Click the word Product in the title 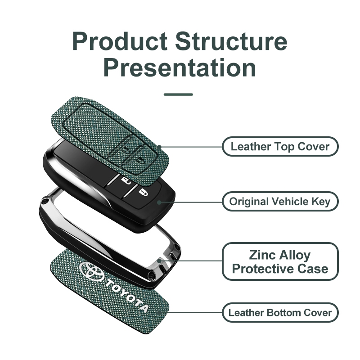point(120,41)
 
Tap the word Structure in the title point(231,41)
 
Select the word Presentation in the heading point(180,68)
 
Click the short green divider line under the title point(178,94)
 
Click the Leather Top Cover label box point(280,147)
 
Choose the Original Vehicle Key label point(280,201)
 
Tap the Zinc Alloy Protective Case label point(280,261)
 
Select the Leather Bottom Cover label point(280,312)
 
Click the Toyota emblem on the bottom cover point(91,271)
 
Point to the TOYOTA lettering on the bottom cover point(127,296)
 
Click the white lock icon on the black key point(142,192)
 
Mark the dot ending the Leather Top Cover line point(159,147)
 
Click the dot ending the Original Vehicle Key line point(159,202)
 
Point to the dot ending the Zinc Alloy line point(159,261)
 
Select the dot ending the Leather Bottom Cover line point(159,312)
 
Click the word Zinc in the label point(260,255)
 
